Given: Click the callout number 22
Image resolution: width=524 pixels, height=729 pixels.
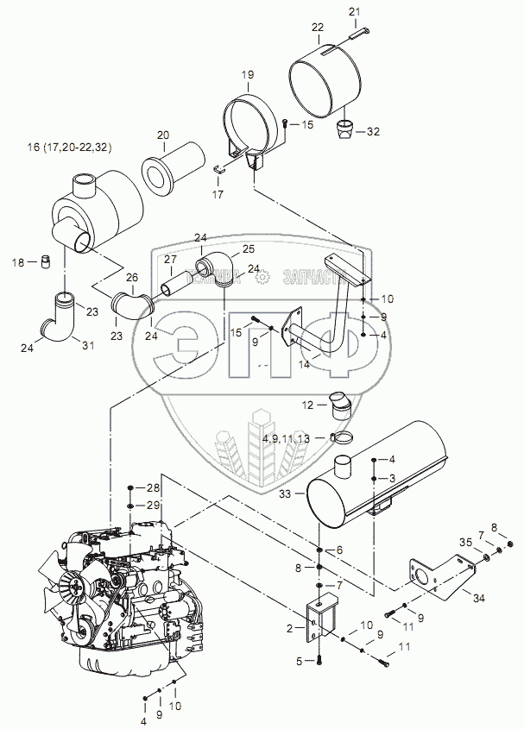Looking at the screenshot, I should coord(318,28).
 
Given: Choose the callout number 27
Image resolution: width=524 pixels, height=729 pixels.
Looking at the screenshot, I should coord(170,260).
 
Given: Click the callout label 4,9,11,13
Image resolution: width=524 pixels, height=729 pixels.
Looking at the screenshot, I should coord(286,438).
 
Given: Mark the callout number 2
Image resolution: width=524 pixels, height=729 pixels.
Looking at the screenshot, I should coord(291,629).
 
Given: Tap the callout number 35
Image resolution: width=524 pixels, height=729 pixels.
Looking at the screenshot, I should coord(466,542).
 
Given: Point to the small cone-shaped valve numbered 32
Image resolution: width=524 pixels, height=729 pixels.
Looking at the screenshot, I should coord(344,130).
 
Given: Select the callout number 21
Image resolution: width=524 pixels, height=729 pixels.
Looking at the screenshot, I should coord(353,10).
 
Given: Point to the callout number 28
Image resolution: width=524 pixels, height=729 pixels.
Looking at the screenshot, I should coord(152,489).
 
